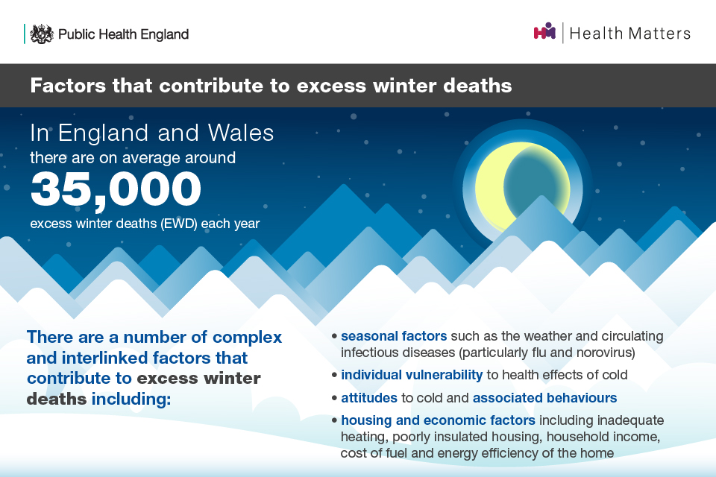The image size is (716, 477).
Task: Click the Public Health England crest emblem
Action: coord(43,34)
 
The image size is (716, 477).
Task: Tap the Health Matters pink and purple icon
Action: coord(544,32)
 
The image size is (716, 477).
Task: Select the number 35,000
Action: coord(116,189)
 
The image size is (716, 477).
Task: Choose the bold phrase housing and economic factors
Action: coord(439,420)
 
